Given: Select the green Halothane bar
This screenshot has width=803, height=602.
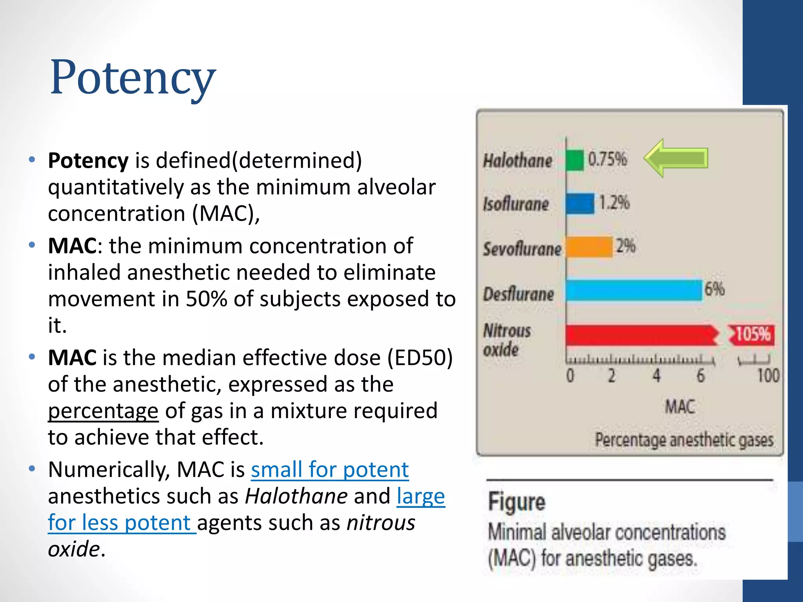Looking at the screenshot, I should click(x=575, y=160).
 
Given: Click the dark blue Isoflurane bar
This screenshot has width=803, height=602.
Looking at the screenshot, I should click(x=580, y=204).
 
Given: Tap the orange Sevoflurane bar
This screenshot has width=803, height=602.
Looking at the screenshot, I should click(x=589, y=247).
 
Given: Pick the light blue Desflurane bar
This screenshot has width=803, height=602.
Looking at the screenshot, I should click(x=634, y=290).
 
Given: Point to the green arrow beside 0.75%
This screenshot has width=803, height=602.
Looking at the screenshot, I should click(x=676, y=158).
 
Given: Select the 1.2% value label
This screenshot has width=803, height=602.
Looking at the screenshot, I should click(x=614, y=203).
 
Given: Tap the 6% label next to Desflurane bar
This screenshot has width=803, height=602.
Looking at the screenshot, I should click(x=714, y=289).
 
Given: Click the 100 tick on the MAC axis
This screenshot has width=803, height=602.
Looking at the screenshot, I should click(x=768, y=375).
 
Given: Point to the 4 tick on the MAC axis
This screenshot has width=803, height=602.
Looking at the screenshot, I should click(x=656, y=375).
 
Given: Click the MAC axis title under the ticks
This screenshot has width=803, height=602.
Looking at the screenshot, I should click(x=680, y=406).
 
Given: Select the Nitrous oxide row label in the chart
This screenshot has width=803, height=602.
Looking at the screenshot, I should click(x=507, y=340).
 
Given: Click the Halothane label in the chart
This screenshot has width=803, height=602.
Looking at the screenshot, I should click(x=518, y=161).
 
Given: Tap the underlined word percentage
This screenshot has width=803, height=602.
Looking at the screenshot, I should click(x=103, y=411).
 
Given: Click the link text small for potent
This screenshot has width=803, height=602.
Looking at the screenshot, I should click(x=330, y=470).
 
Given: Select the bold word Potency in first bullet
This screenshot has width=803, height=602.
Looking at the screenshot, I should click(x=88, y=161).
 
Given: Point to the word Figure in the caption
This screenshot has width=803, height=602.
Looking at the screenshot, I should click(x=516, y=502).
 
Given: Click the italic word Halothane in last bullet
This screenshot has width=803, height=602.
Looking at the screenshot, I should click(x=296, y=496).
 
